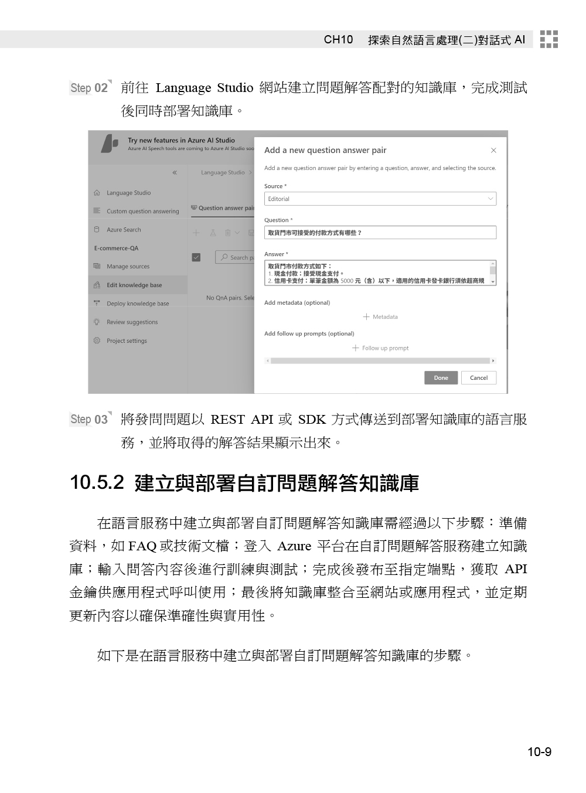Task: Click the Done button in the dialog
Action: (441, 378)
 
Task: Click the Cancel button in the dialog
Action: (478, 378)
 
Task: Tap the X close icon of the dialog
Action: (493, 151)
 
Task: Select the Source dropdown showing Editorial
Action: (380, 199)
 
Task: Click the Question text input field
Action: (380, 233)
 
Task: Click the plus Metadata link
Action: (380, 317)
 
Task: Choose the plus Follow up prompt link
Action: (380, 348)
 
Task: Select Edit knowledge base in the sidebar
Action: (134, 285)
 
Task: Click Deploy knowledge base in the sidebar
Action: (137, 304)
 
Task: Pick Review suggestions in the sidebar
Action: (132, 322)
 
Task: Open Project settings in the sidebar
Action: (127, 341)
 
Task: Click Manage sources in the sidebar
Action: (128, 267)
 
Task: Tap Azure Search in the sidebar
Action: (124, 230)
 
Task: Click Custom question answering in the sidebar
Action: (142, 212)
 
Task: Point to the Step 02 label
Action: (90, 88)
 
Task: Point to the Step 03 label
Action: (90, 420)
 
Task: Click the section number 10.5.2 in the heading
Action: (97, 483)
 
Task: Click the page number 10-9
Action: (539, 752)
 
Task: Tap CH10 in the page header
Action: (339, 40)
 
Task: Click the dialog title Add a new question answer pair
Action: (325, 151)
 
